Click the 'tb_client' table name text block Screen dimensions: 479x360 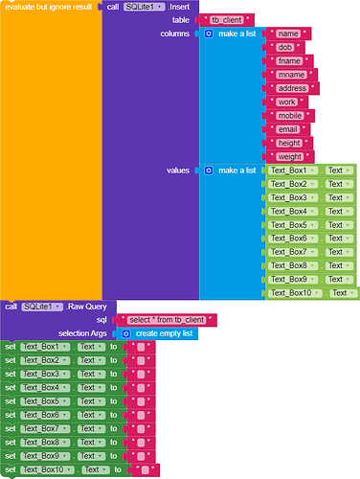tap(227, 20)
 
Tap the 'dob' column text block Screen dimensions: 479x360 tap(283, 47)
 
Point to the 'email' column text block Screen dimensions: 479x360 tap(286, 128)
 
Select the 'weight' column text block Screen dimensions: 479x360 tap(289, 155)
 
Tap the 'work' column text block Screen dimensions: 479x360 tap(285, 102)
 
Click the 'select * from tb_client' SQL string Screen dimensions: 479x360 tap(166, 319)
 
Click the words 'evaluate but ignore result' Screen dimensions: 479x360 tap(49, 7)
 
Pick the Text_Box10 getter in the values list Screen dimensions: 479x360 tap(289, 292)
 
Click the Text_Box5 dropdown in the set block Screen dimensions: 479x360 tap(45, 401)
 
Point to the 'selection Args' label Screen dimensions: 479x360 tap(87, 332)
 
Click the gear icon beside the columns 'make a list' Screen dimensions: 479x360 tap(210, 34)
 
